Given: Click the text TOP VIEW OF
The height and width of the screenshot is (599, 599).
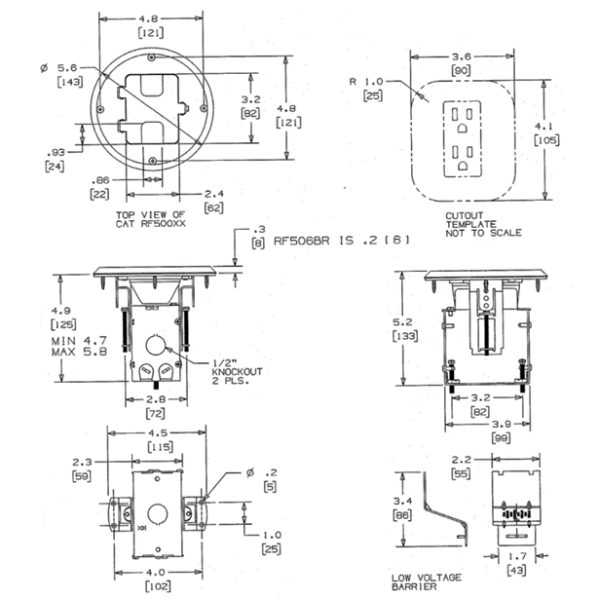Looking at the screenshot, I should pyautogui.click(x=147, y=213).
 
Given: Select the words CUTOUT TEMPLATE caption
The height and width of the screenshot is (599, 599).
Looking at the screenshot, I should pyautogui.click(x=468, y=220).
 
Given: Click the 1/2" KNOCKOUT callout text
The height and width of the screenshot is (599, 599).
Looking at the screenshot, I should pyautogui.click(x=237, y=372).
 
